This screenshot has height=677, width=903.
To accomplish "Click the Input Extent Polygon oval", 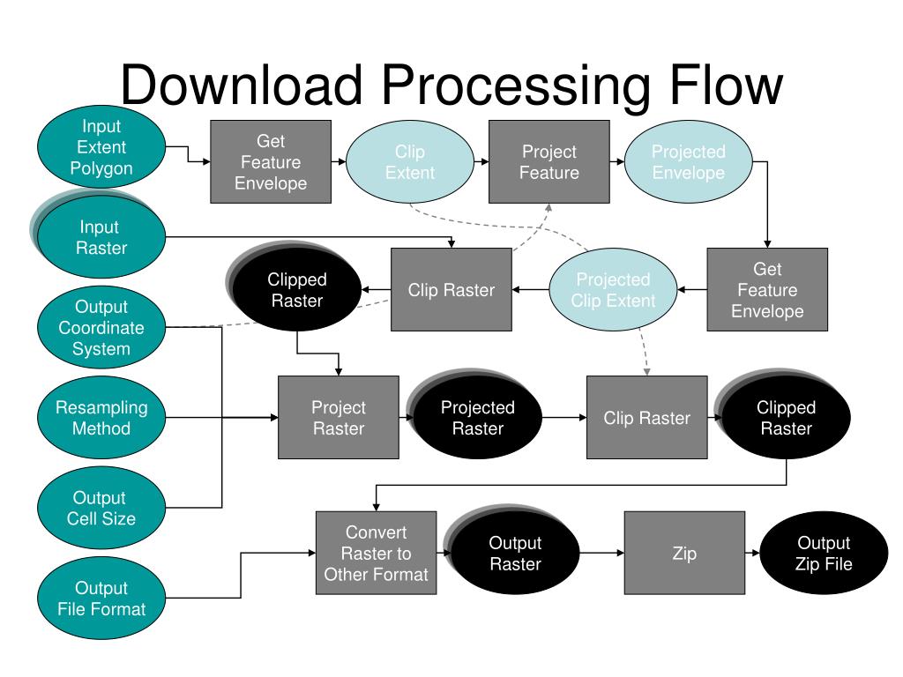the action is (101, 147).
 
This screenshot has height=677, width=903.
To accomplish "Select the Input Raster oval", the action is (99, 236).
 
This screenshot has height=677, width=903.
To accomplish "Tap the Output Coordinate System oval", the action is (101, 327).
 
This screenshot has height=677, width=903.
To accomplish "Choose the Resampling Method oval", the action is (101, 417).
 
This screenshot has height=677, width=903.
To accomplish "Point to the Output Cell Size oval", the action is (101, 508).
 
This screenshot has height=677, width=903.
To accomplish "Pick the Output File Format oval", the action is (101, 599).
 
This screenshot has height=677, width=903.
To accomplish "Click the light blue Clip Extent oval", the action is (410, 162).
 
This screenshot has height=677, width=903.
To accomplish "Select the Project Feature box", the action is (549, 162).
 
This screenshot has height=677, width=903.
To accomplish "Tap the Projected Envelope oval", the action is (688, 162).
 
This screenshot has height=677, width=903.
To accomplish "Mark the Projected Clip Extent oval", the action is (614, 289).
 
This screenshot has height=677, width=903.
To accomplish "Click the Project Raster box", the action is (339, 417).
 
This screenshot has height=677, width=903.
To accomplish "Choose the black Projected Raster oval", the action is (475, 414).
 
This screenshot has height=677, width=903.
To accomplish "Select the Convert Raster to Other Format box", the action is (376, 553).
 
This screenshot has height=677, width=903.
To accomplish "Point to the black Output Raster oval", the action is (512, 550).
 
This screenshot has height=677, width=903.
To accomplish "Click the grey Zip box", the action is (684, 553).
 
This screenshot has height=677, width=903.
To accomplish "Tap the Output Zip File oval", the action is (825, 553).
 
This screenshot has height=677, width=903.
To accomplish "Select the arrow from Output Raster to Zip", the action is (601, 553).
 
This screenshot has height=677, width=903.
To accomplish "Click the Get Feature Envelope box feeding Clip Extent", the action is (271, 162).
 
